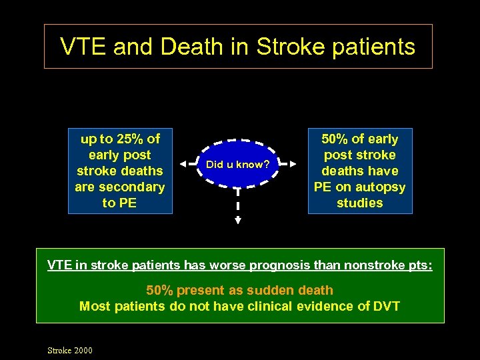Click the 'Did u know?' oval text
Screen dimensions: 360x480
(238, 164)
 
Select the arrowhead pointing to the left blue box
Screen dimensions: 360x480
(182, 164)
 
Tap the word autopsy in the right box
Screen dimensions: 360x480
(383, 187)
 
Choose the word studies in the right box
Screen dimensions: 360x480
(360, 203)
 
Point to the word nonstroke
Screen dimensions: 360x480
(375, 265)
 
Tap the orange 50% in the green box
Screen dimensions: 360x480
(159, 290)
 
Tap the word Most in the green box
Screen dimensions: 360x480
(94, 307)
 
